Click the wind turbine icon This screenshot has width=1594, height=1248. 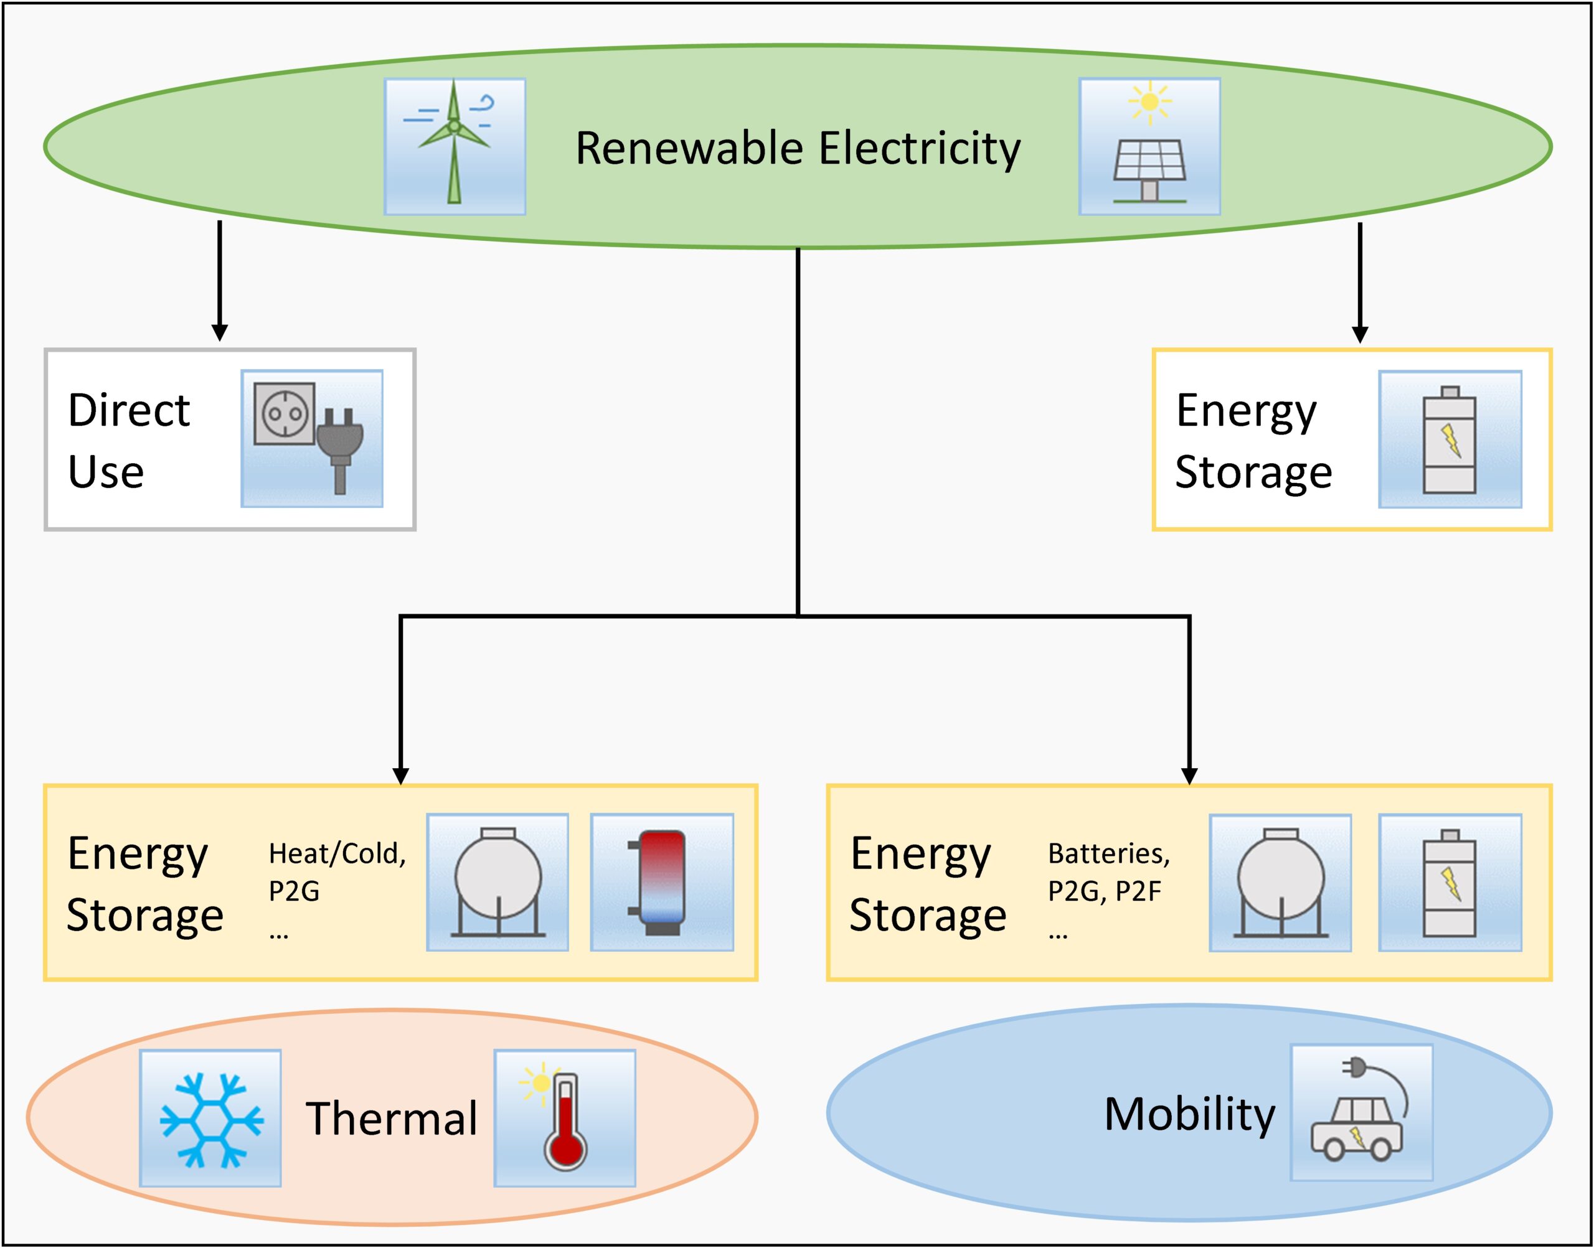(x=455, y=146)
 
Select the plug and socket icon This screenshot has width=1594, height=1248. (x=312, y=438)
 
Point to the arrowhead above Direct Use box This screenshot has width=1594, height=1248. (x=219, y=332)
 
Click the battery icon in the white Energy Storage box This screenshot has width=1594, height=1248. (x=1450, y=439)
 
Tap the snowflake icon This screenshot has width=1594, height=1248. (x=210, y=1119)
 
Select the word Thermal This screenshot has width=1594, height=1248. (x=391, y=1119)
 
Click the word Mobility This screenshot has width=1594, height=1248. (x=1189, y=1114)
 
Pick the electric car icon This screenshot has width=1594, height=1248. (x=1361, y=1112)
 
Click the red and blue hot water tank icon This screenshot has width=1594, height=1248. (x=661, y=882)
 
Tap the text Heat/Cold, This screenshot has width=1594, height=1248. (x=337, y=853)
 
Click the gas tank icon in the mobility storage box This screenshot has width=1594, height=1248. (x=1280, y=883)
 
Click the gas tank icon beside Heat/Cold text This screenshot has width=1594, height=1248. (x=497, y=882)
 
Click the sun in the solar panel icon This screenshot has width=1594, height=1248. (x=1149, y=101)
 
